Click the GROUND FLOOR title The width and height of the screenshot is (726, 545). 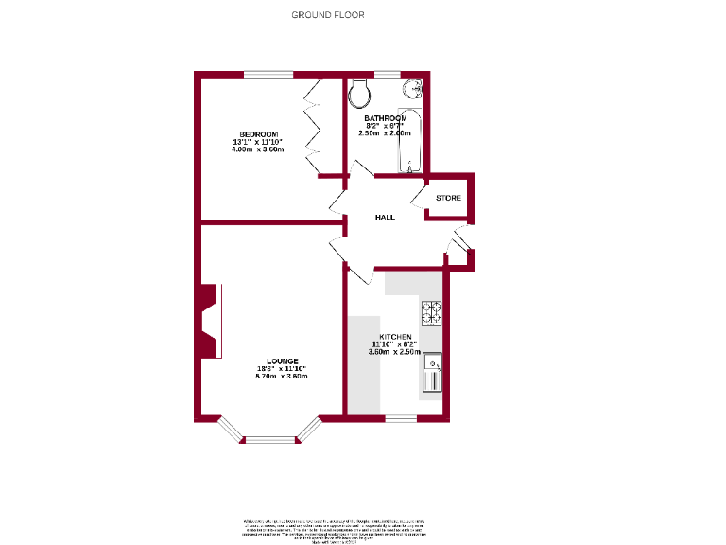(328, 14)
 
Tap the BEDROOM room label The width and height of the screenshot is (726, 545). (258, 133)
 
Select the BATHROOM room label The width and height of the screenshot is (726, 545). (386, 117)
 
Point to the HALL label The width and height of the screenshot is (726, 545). (385, 217)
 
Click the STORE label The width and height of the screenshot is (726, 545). (448, 198)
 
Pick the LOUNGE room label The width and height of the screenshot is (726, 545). (282, 360)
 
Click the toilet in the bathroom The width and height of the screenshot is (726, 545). (359, 93)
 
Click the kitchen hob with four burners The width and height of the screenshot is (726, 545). (432, 312)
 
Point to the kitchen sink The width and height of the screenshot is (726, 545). (432, 372)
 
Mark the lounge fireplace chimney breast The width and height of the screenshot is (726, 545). (207, 322)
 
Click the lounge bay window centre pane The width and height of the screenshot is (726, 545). (270, 439)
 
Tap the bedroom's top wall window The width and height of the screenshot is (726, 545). (269, 74)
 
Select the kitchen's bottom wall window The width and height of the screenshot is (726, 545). (401, 417)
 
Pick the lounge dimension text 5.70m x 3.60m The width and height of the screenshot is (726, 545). (282, 377)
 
